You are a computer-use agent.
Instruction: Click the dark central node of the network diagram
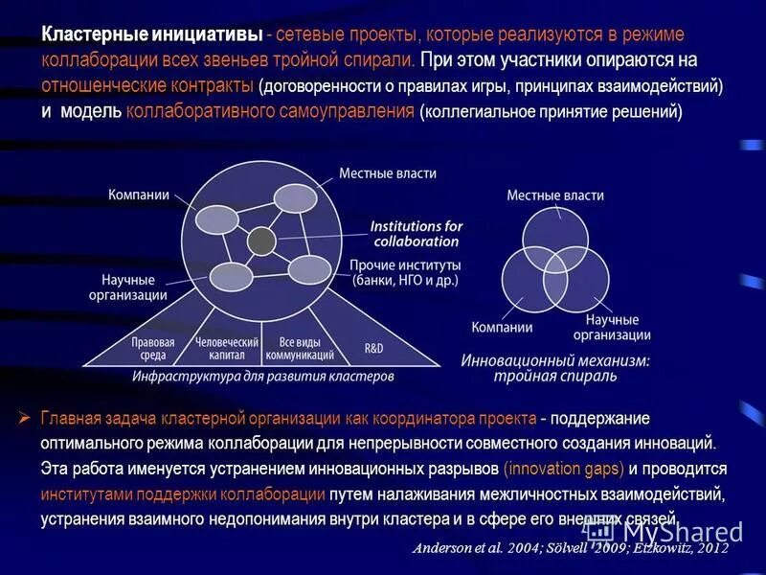tap(259, 241)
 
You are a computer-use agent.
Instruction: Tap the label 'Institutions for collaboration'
tap(416, 234)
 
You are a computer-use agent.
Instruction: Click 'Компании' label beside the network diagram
tap(138, 194)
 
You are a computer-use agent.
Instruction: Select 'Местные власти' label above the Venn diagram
tap(555, 195)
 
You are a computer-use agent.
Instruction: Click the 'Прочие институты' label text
tap(405, 264)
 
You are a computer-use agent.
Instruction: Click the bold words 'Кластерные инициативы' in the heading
tap(152, 34)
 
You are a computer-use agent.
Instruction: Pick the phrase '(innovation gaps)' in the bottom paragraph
tap(564, 470)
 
